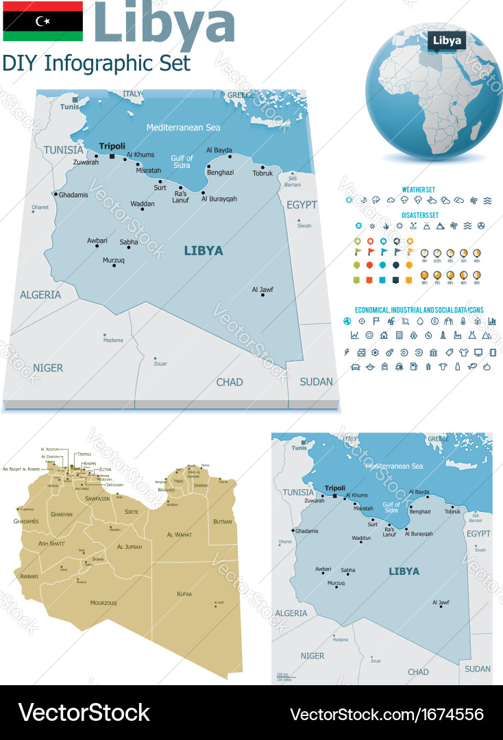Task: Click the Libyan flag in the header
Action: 42,21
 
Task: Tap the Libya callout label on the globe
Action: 447,40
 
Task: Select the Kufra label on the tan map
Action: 184,593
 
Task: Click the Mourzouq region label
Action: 103,603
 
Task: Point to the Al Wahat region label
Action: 179,534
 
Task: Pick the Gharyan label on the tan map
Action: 62,514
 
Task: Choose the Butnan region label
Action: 223,522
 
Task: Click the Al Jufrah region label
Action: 129,547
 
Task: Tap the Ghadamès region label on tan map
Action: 26,521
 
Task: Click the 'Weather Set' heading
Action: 418,190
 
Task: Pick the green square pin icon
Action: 356,280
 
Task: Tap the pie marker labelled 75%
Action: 438,275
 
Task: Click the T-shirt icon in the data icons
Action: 463,352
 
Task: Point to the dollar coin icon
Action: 434,321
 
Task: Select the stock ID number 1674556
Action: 446,714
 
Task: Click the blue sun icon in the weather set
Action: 349,201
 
